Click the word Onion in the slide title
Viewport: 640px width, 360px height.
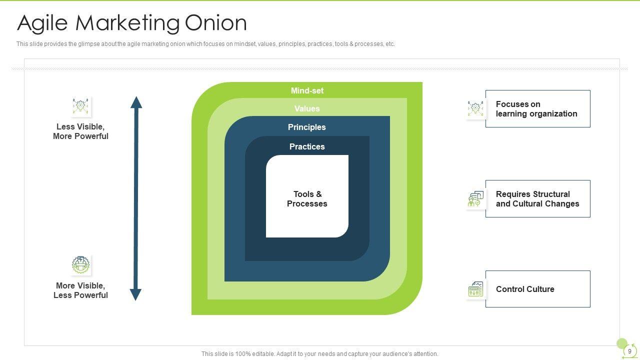tap(215, 23)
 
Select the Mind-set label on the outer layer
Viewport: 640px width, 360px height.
tap(307, 90)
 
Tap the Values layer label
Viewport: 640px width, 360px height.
tap(307, 108)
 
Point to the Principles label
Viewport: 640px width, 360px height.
tap(307, 127)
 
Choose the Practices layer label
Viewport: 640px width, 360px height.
tap(307, 146)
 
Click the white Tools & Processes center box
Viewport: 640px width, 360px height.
tap(307, 198)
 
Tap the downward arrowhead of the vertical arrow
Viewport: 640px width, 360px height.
tap(135, 294)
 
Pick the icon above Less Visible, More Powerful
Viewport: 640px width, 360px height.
tap(81, 106)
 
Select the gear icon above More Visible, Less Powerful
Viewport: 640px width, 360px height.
tap(80, 265)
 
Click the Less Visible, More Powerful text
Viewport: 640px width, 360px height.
tap(80, 131)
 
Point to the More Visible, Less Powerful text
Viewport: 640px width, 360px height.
tap(80, 290)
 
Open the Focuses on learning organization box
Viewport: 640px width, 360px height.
tap(537, 108)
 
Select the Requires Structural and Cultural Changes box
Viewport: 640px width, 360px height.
tap(537, 198)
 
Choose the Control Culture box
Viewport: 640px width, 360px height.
tap(537, 289)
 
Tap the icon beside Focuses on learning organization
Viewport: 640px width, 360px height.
tap(475, 108)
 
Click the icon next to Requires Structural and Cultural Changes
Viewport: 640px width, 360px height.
tap(475, 199)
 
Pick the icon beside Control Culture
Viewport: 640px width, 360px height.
tap(475, 289)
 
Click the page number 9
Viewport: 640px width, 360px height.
tap(629, 351)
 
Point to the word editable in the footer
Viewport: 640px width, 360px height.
tap(260, 354)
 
